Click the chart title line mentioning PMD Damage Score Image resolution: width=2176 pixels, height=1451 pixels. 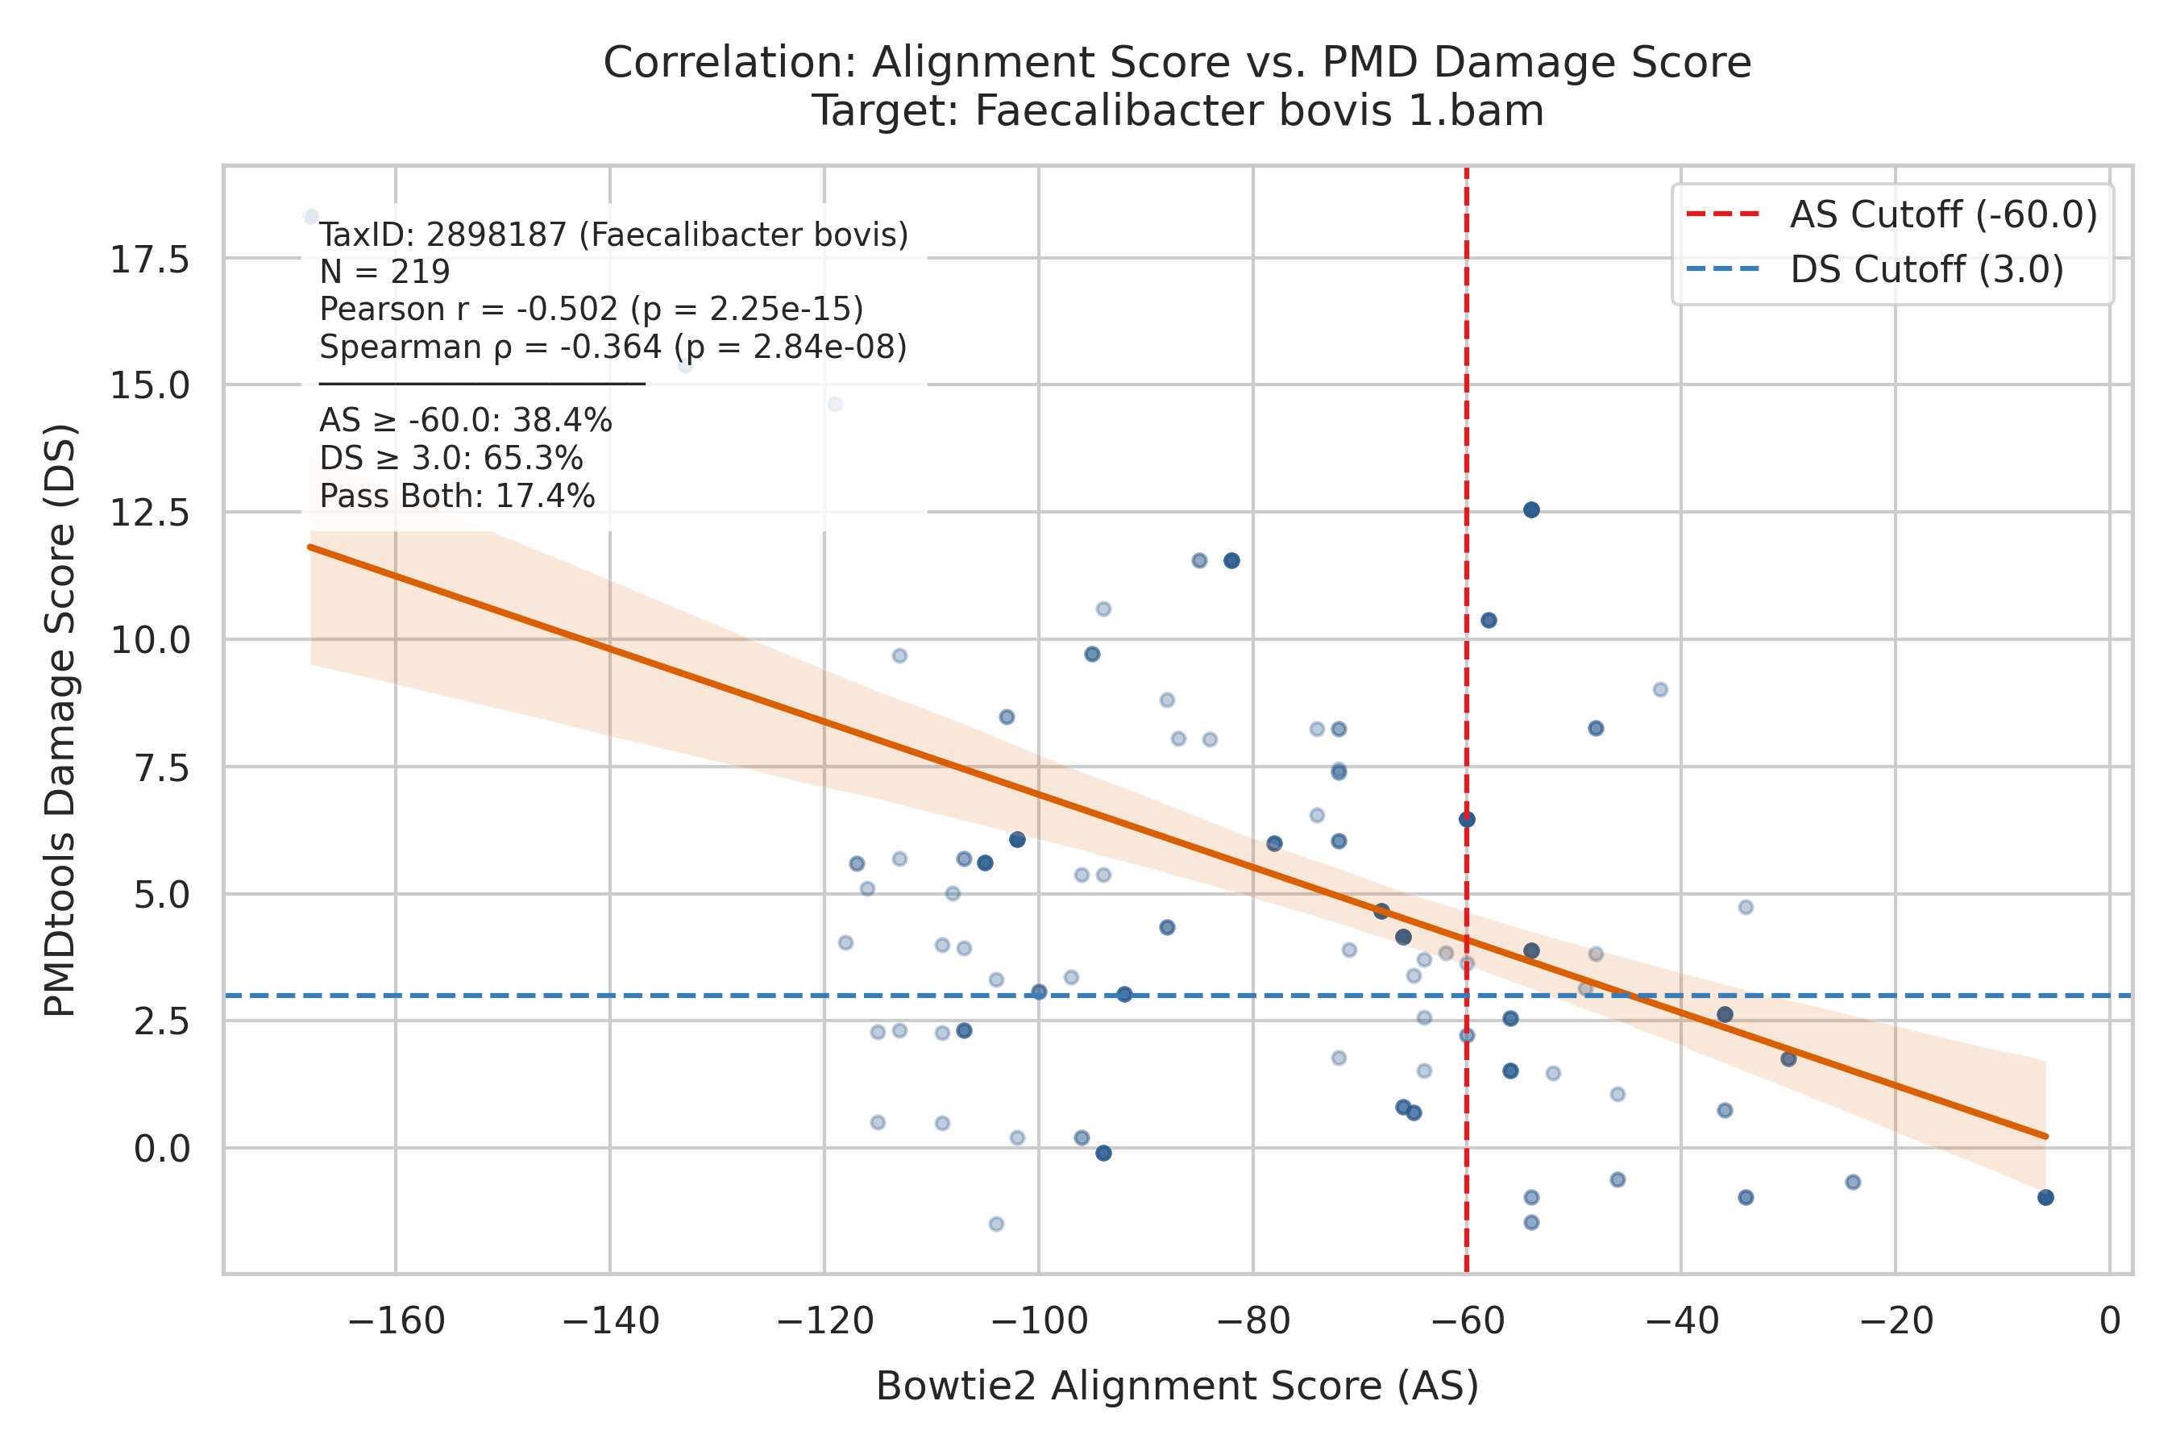pyautogui.click(x=1177, y=63)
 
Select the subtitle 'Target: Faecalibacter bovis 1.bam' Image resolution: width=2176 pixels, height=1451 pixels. pyautogui.click(x=1177, y=111)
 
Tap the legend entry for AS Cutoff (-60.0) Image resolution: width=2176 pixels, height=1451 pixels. pyautogui.click(x=1892, y=214)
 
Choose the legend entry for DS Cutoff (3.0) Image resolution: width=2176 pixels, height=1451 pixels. pyautogui.click(x=1875, y=269)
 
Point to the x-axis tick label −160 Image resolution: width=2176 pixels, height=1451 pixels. pyautogui.click(x=396, y=1320)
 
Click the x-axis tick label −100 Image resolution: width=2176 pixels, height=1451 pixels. pyautogui.click(x=1038, y=1320)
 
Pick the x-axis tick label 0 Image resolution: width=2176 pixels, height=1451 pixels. pyautogui.click(x=2110, y=1320)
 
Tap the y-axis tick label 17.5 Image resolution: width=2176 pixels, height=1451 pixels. pyautogui.click(x=150, y=260)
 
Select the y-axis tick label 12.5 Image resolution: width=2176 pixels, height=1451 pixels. pyautogui.click(x=150, y=512)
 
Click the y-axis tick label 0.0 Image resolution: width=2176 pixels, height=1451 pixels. pyautogui.click(x=162, y=1149)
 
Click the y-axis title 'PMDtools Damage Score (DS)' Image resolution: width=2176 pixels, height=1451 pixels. pyautogui.click(x=61, y=720)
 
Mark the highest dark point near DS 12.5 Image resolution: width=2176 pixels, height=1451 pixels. pyautogui.click(x=1531, y=510)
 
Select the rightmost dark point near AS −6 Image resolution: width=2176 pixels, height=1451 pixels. pyautogui.click(x=2045, y=1197)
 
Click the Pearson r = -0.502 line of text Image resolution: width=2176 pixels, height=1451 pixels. pyautogui.click(x=592, y=309)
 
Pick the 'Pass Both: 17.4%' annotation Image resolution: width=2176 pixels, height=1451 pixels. pyautogui.click(x=457, y=496)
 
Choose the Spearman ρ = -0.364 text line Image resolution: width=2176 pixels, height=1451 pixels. pyautogui.click(x=613, y=347)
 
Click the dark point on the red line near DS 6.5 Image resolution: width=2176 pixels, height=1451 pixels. pyautogui.click(x=1467, y=819)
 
